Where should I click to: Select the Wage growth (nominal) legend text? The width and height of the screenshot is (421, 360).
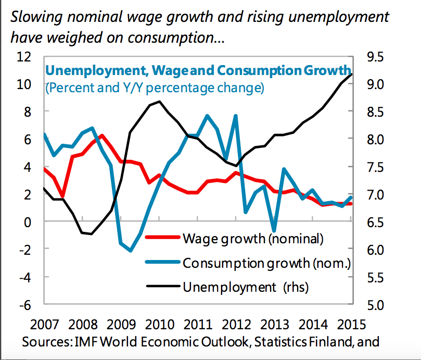point(253,239)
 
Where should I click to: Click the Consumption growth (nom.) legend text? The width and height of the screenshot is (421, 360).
point(267,263)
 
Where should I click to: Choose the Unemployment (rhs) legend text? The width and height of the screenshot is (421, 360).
point(245,286)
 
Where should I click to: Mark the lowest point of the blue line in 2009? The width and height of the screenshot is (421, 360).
point(131,251)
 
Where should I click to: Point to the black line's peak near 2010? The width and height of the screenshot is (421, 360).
point(158,102)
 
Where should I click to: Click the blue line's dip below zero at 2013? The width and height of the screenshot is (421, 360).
point(274,230)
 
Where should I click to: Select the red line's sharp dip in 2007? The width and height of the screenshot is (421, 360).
point(63,196)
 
